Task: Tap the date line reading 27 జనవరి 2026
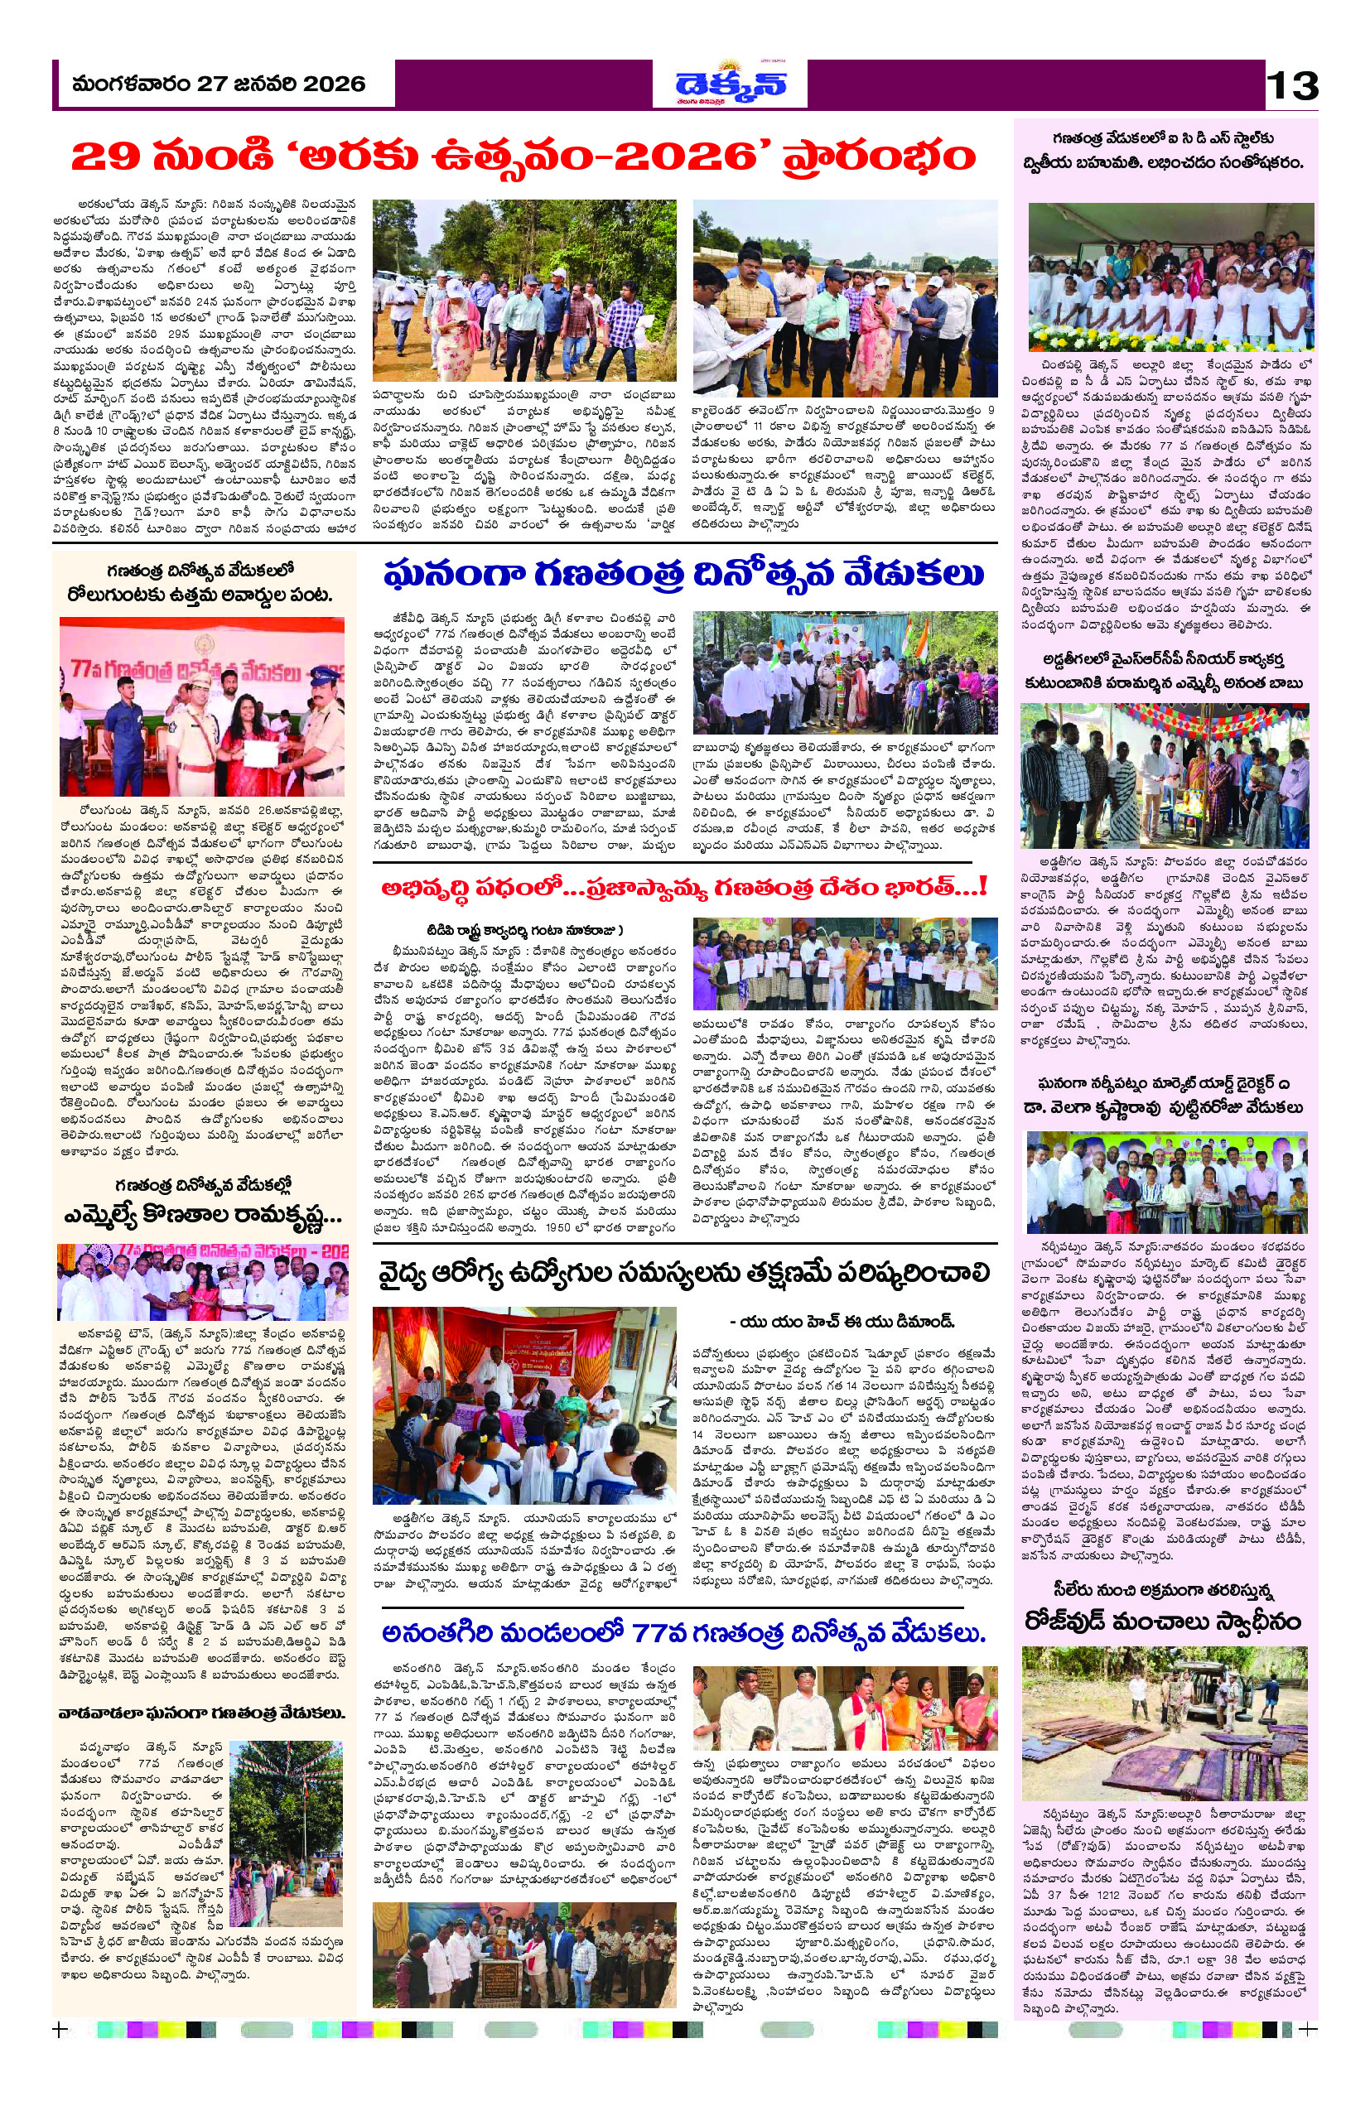pyautogui.click(x=219, y=84)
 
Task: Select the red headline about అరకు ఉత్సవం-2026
pyautogui.click(x=523, y=158)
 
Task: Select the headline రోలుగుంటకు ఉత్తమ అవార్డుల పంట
pyautogui.click(x=204, y=595)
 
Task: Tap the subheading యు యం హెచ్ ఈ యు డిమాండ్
pyautogui.click(x=843, y=1323)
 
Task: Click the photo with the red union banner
pyautogui.click(x=524, y=1390)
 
